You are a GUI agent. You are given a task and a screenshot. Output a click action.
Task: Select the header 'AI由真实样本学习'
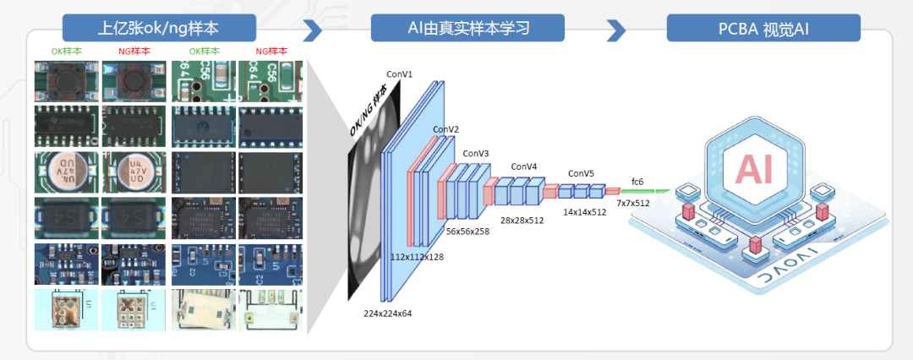pyautogui.click(x=467, y=28)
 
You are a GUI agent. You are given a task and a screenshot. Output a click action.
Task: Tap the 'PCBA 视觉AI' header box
pyautogui.click(x=763, y=28)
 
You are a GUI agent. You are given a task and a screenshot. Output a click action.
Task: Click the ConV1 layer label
pyautogui.click(x=400, y=74)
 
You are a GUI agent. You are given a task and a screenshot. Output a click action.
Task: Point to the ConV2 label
pyautogui.click(x=446, y=129)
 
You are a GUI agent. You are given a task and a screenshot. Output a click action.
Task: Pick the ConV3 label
pyautogui.click(x=476, y=153)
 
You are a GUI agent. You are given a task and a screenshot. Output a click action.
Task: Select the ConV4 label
pyautogui.click(x=526, y=166)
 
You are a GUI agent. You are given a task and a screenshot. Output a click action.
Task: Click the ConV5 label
pyautogui.click(x=581, y=173)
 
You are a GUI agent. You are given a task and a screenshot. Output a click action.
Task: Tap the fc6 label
pyautogui.click(x=637, y=181)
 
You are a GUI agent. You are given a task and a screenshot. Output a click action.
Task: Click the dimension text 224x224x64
pyautogui.click(x=387, y=314)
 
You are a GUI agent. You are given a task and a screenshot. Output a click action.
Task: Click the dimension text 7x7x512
pyautogui.click(x=633, y=204)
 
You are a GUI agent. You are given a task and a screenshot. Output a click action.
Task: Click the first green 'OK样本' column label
pyautogui.click(x=67, y=51)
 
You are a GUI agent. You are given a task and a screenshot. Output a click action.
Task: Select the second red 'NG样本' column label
pyautogui.click(x=271, y=51)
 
